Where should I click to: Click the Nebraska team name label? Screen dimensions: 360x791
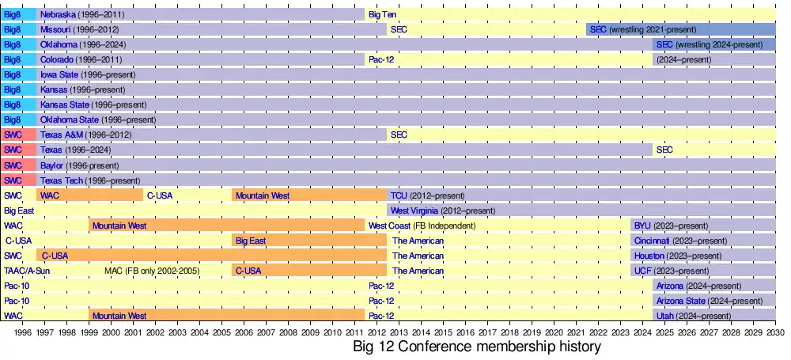tap(58, 15)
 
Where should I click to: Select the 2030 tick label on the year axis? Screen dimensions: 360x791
tap(774, 333)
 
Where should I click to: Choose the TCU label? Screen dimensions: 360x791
tap(399, 195)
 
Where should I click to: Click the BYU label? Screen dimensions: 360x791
tap(642, 225)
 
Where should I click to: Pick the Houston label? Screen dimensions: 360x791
tap(649, 256)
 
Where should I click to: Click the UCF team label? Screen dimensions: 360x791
tap(642, 271)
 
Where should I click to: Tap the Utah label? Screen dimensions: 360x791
tap(664, 316)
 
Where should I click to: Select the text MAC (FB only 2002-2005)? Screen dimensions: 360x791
tap(152, 271)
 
